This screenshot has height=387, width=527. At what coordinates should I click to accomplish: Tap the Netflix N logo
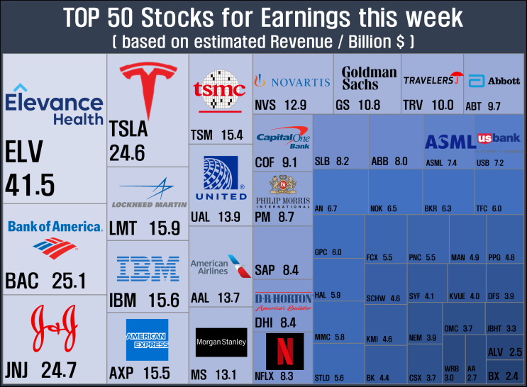pos(285,352)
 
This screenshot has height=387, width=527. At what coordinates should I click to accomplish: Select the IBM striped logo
pos(148,269)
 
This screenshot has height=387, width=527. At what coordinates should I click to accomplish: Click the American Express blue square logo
pos(148,340)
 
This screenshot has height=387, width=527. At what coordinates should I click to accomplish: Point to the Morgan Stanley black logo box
pos(221,342)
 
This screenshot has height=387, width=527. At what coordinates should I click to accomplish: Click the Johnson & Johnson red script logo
pos(54,328)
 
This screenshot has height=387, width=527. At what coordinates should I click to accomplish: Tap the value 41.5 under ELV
pos(30,185)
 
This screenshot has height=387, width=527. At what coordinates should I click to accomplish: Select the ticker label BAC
pos(22,281)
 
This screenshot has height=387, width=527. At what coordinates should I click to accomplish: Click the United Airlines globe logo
pos(221,172)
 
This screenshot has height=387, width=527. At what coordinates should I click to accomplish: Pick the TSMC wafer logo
pos(219,89)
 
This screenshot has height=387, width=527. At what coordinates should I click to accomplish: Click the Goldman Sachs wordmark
pos(369,78)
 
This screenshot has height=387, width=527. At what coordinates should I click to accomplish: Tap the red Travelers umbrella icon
pos(457,77)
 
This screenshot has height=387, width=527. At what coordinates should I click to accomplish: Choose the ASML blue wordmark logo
pos(450,142)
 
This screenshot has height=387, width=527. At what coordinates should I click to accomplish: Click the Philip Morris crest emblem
pos(283,184)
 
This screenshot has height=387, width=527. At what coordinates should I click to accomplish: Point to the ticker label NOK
pos(376,208)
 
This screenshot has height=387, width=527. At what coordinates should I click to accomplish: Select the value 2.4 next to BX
pos(512,376)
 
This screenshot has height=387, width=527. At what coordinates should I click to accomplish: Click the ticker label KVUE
pos(457,296)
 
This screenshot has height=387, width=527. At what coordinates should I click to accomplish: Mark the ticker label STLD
pos(322,378)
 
